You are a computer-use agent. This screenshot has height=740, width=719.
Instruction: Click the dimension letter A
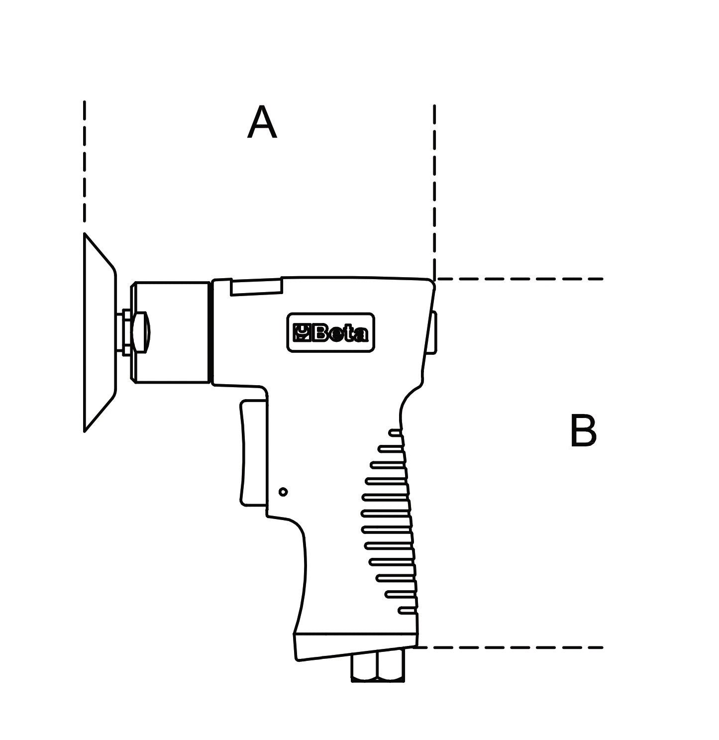262,122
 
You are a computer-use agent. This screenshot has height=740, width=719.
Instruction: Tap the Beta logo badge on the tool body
330,332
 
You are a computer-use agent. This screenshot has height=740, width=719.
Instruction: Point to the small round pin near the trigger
283,492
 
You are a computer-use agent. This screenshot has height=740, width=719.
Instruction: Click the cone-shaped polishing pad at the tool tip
100,333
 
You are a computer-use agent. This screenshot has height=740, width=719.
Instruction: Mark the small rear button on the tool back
433,332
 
